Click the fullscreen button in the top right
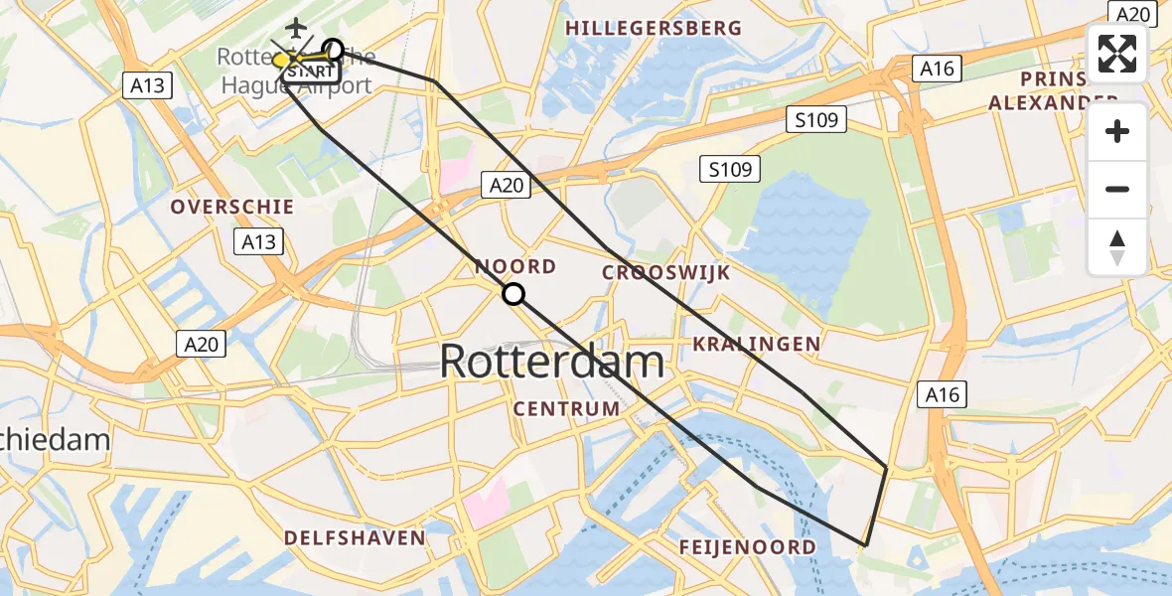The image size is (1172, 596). [x=1117, y=54]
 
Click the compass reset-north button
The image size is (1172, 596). [x=1117, y=247]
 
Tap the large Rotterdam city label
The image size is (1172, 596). [x=551, y=361]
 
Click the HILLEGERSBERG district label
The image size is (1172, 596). [x=654, y=29]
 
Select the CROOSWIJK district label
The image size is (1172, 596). [x=666, y=273]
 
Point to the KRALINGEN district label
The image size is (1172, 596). [x=757, y=345]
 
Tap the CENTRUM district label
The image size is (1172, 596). [x=567, y=409]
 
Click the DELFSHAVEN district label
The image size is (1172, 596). [x=355, y=538]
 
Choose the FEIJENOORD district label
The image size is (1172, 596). [x=748, y=547]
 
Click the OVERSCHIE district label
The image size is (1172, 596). [x=232, y=208]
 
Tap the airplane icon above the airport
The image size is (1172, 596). [x=296, y=28]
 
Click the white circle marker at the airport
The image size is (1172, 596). [x=334, y=49]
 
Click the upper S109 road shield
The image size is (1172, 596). [x=816, y=121]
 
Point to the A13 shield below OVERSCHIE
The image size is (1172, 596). [x=258, y=241]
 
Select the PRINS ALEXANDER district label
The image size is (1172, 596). [x=1053, y=89]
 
